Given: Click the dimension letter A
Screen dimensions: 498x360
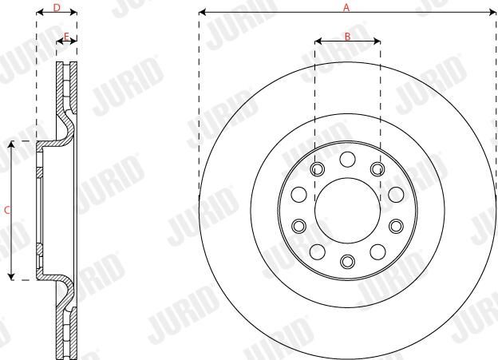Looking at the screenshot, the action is pyautogui.click(x=346, y=7).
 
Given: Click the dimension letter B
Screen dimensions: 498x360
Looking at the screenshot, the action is pyautogui.click(x=347, y=37).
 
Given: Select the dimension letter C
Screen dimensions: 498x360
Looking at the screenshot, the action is pyautogui.click(x=7, y=210).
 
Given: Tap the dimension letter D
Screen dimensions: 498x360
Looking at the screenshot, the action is pyautogui.click(x=57, y=8).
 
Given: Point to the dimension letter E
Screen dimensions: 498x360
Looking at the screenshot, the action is pyautogui.click(x=66, y=37).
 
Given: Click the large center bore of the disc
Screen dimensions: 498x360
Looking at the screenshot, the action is pyautogui.click(x=347, y=211).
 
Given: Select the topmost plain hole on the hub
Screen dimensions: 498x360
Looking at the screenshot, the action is pyautogui.click(x=347, y=159).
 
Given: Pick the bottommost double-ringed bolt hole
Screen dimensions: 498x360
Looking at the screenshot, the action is pyautogui.click(x=347, y=261).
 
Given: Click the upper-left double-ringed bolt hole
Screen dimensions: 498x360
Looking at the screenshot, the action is pyautogui.click(x=318, y=169).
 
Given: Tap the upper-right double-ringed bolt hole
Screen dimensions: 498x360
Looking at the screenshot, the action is pyautogui.click(x=377, y=169).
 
